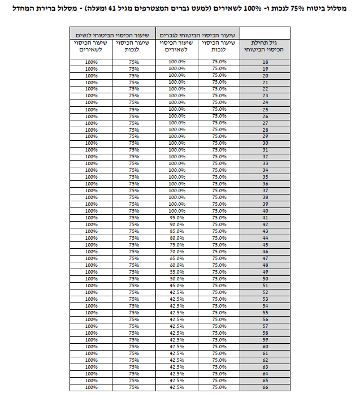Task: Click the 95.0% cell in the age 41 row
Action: (177, 218)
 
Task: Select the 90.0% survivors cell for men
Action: (177, 224)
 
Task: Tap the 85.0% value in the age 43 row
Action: (177, 231)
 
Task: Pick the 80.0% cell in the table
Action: (177, 238)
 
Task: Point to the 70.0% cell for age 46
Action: (177, 252)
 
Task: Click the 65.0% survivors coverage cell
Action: (177, 258)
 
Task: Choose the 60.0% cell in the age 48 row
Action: (177, 265)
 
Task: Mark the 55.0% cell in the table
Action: (177, 272)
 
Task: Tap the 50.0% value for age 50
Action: (177, 279)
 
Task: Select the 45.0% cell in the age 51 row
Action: (177, 286)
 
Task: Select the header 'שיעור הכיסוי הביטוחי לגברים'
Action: (198, 34)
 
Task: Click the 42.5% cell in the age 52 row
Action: (177, 292)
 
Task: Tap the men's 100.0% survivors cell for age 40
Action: (177, 211)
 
